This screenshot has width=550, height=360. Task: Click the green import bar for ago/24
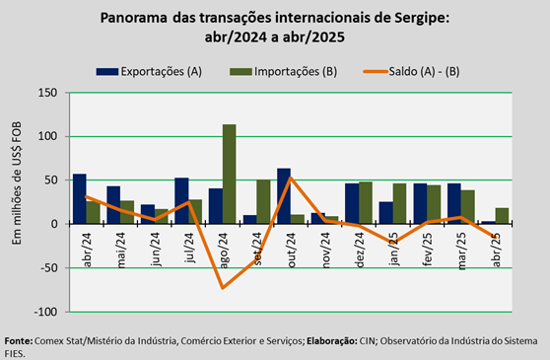coord(229,174)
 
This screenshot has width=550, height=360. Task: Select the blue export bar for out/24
coord(284,196)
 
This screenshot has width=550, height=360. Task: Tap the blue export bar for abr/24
coord(80,198)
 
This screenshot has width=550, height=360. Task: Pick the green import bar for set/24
coord(263,202)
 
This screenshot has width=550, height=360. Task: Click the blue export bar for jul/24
coord(181,200)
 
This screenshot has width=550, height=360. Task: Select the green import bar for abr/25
coord(502,216)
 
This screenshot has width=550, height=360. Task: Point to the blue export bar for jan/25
coord(385,213)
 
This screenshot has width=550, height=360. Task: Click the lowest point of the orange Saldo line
coord(223,288)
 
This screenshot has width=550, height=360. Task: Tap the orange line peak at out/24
coord(291,178)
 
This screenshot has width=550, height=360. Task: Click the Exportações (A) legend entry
coord(150,72)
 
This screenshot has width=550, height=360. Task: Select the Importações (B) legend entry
coord(284,72)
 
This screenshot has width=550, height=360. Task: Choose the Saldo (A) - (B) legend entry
coord(411,72)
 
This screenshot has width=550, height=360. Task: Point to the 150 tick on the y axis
coord(47,93)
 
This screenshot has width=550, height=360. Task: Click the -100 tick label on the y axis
coord(45,312)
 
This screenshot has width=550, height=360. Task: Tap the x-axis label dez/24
coord(361,251)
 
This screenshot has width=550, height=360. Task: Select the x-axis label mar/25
coord(462,251)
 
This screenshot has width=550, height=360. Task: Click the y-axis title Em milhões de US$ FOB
coord(17,183)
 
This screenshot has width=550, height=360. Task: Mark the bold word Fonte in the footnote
coord(19,340)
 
